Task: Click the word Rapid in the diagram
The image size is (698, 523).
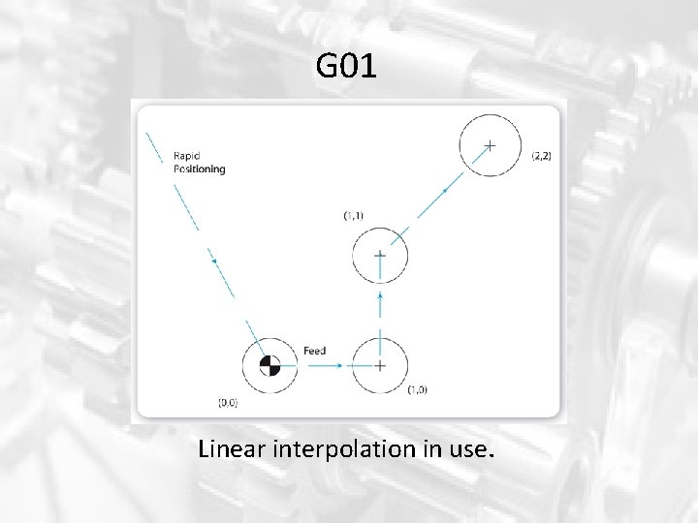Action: tap(187, 155)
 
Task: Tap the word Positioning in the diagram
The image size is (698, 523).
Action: tap(199, 169)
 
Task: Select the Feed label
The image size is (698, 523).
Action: tap(314, 350)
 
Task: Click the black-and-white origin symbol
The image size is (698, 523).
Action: tap(270, 365)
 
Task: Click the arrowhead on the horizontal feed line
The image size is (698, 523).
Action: tap(339, 365)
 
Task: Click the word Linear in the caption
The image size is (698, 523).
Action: tap(233, 449)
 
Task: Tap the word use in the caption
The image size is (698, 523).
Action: tap(473, 450)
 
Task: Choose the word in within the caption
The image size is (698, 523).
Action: tap(437, 449)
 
